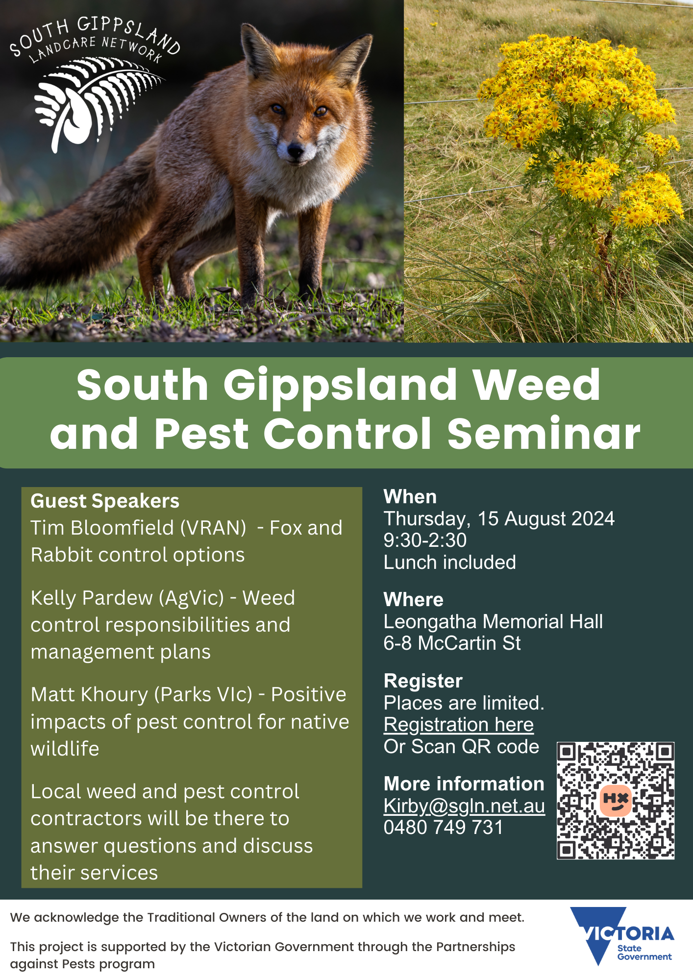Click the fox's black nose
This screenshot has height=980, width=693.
296,150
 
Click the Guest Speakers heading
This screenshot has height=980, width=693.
105,501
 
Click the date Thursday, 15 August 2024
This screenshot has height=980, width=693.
499,519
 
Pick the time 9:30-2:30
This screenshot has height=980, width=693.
425,540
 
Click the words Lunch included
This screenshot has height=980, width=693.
449,562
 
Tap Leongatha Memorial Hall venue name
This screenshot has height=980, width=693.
493,621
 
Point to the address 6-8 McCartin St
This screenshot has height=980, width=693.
452,643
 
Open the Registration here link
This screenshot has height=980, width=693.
459,725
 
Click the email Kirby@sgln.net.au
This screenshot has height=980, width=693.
464,806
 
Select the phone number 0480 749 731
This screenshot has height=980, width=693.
443,828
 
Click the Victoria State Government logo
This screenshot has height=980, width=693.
622,935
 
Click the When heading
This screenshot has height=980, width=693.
410,497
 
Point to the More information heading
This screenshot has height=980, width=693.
464,784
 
